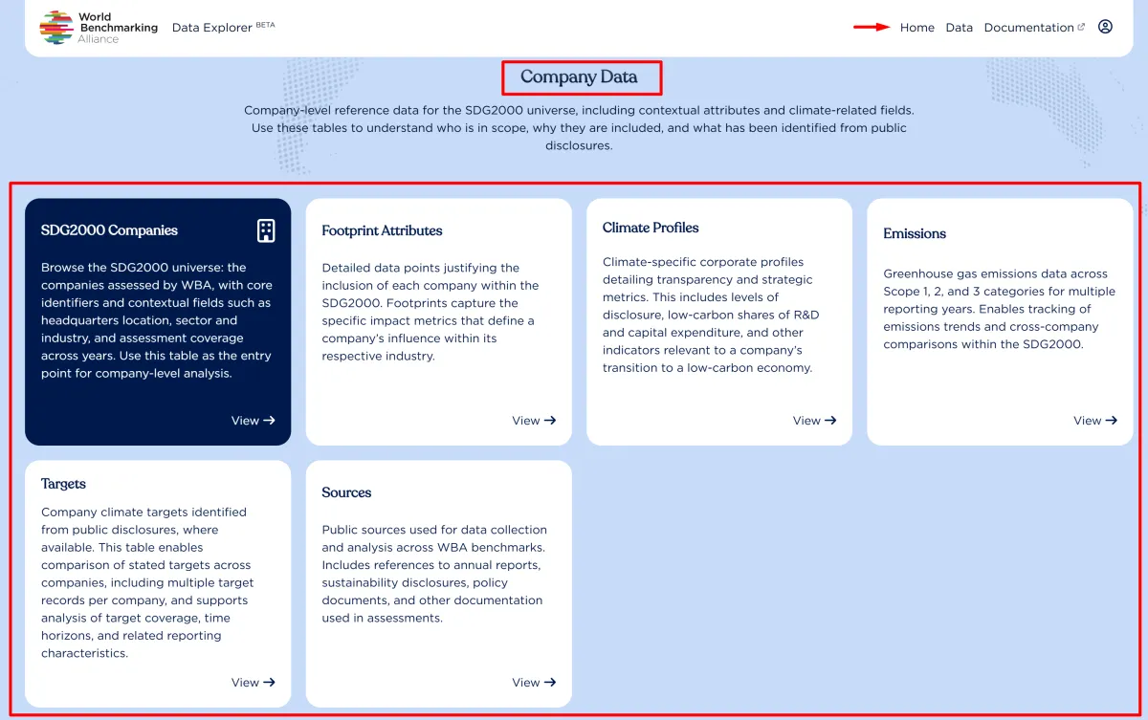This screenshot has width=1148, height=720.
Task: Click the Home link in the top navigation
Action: tap(916, 28)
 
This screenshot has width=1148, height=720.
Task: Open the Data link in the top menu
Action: tap(959, 28)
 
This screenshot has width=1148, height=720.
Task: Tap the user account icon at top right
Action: tap(1105, 27)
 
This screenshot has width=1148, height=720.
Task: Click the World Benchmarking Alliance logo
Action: tap(99, 28)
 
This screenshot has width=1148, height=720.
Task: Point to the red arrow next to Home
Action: tap(872, 27)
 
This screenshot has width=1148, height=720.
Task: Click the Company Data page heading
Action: tap(579, 77)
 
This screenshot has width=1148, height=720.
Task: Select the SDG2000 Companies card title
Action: tap(109, 230)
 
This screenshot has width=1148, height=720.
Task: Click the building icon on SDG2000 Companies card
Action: tap(266, 230)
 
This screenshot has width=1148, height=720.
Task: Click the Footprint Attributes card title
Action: tap(382, 230)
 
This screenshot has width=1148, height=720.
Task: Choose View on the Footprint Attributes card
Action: tap(534, 421)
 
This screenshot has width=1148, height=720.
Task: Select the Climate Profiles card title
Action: tap(651, 228)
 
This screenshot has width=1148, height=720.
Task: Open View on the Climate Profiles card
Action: tap(814, 421)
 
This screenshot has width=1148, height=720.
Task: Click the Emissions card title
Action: tap(915, 233)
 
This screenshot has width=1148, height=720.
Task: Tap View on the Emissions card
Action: tap(1094, 421)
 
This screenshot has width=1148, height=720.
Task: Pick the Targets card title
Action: tap(63, 484)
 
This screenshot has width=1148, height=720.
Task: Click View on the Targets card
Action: tap(253, 683)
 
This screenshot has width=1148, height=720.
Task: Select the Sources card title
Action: tap(346, 492)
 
